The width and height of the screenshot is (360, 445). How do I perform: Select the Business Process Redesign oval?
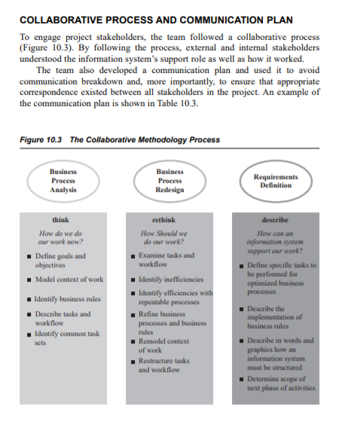click(169, 181)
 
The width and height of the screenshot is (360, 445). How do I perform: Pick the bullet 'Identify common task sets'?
click(66, 336)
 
